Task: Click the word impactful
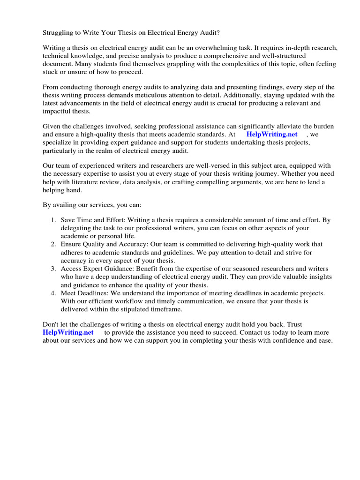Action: tap(58, 111)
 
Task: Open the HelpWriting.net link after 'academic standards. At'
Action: tap(272, 134)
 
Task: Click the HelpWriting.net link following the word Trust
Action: tap(68, 332)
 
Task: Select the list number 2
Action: tap(53, 244)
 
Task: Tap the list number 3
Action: tap(53, 269)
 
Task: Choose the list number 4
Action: tap(53, 293)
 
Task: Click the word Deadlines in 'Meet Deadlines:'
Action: tap(93, 293)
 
